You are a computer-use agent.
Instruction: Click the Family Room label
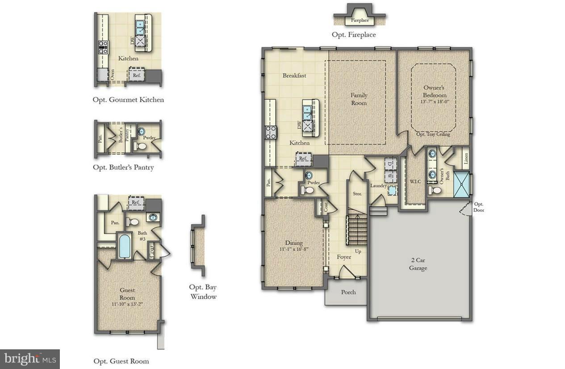[359, 99]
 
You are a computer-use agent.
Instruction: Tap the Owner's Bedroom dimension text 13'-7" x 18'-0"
[435, 102]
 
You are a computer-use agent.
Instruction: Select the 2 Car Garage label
[418, 264]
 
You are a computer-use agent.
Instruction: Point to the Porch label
[348, 292]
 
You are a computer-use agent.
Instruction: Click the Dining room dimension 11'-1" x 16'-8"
[294, 249]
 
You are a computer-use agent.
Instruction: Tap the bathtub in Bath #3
[125, 246]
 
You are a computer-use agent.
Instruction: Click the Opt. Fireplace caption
[353, 34]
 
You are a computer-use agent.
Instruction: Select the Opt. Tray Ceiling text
[433, 134]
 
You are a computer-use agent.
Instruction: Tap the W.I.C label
[416, 182]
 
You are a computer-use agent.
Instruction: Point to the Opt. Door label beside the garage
[479, 207]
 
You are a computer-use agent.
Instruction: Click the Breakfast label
[294, 76]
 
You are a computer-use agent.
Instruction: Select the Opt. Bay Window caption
[203, 292]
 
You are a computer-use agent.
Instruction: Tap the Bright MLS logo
[30, 359]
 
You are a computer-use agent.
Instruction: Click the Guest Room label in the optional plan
[127, 293]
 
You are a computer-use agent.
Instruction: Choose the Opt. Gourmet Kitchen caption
[128, 100]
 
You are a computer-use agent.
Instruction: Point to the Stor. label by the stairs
[357, 194]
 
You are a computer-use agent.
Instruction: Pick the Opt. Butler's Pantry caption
[123, 168]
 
